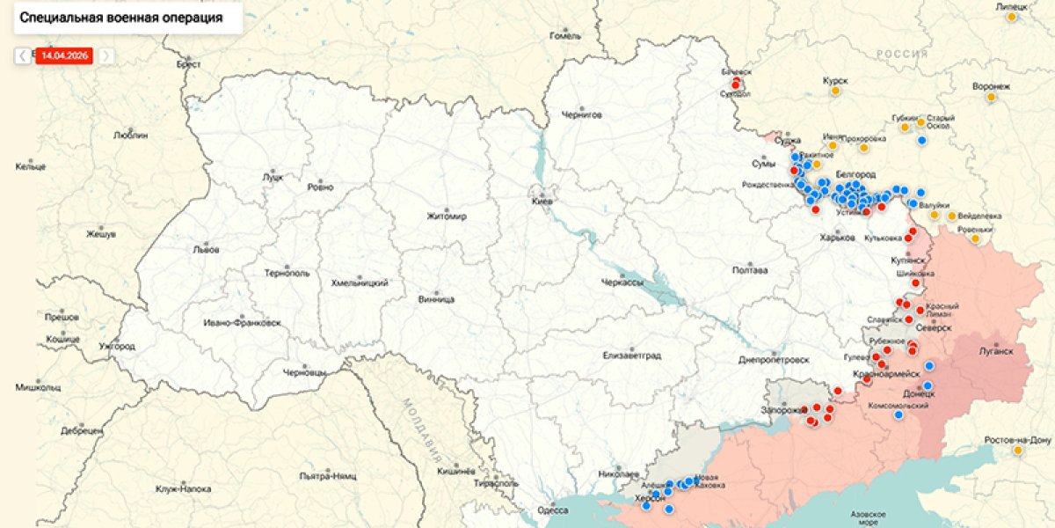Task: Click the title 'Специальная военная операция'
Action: point(121,17)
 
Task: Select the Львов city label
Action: point(206,249)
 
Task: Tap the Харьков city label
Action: point(836,238)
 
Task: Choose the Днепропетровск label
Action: point(774,360)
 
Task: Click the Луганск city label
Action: point(996,349)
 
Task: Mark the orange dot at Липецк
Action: point(1012,17)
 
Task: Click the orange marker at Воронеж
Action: point(992,98)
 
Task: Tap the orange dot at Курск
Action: point(835,91)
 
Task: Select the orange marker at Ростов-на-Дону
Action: point(1018,451)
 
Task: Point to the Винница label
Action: point(436,299)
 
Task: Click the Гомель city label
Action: point(565,36)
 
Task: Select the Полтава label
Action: point(750,270)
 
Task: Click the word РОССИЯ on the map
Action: point(901,54)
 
